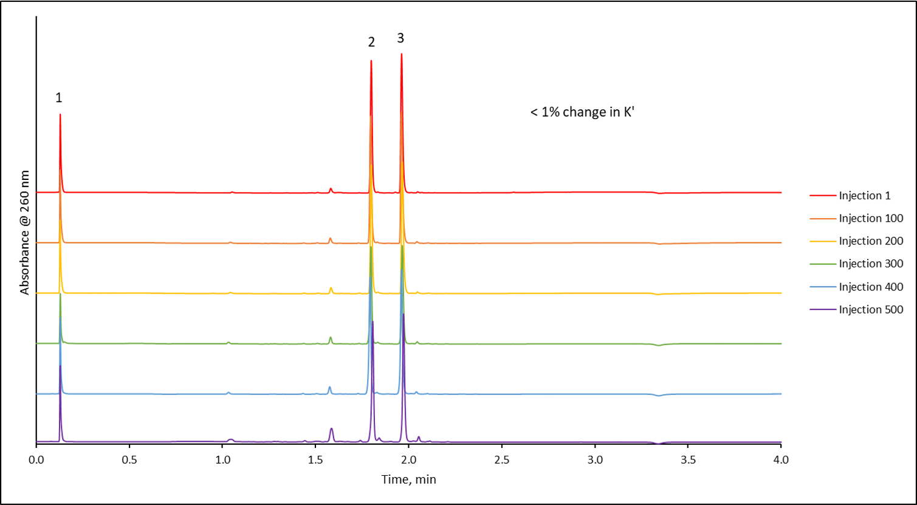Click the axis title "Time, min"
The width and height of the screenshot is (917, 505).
point(408,479)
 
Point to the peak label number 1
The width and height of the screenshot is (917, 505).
point(59,97)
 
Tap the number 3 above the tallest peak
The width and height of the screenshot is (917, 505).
point(400,38)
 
